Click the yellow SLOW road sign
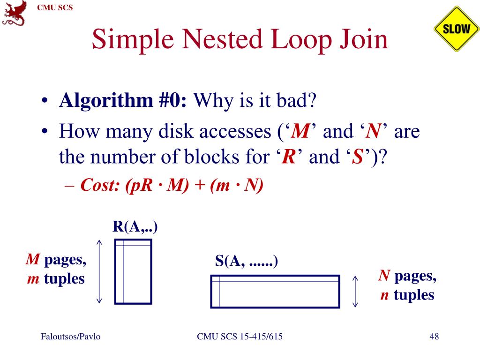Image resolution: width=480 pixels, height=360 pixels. (x=456, y=29)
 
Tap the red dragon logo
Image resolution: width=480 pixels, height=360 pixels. (x=14, y=13)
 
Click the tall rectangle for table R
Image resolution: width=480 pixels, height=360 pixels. (x=134, y=272)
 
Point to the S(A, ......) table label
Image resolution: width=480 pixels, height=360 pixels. (x=247, y=261)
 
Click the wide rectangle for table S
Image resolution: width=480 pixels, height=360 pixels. (x=275, y=291)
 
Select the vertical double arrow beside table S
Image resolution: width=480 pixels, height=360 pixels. (x=355, y=291)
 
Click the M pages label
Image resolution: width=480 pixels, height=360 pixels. (x=56, y=259)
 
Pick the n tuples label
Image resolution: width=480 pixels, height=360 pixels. (x=407, y=295)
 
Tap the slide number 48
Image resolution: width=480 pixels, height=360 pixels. (x=434, y=337)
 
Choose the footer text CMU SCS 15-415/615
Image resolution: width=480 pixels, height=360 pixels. (x=240, y=337)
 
